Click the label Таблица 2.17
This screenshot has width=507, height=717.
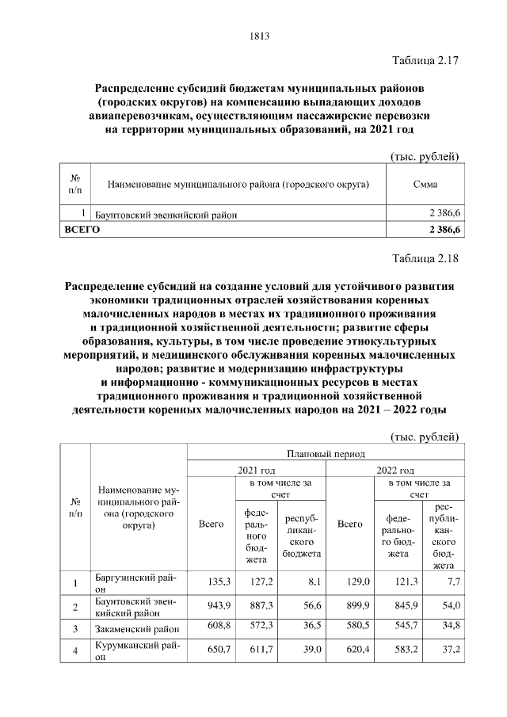426,61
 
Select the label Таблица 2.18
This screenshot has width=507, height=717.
426,258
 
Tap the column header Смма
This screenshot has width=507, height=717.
426,185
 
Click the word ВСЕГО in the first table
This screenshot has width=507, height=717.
80,228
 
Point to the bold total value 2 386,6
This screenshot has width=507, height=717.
446,229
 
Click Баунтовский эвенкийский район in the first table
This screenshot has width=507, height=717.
166,214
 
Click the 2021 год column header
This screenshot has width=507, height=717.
256,470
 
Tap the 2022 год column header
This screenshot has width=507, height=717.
396,470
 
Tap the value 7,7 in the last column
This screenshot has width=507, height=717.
450,582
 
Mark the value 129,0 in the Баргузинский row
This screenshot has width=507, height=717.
349,582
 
